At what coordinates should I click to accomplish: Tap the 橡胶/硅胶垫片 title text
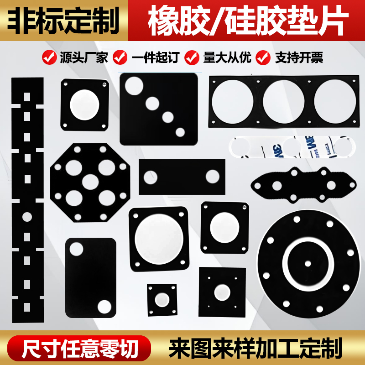point(246,21)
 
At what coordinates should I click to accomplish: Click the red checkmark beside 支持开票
point(263,57)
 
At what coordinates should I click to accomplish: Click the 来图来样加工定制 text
point(255,349)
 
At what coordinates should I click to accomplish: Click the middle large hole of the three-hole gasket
point(283,101)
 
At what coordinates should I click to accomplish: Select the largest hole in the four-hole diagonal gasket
point(135,86)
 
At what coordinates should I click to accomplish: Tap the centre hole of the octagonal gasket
point(90,182)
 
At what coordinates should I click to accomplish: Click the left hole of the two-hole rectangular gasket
point(151,177)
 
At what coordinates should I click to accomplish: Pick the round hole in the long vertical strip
point(27,216)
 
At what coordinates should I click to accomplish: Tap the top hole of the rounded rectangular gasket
point(76,249)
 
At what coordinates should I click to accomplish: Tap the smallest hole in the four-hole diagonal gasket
point(180,132)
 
